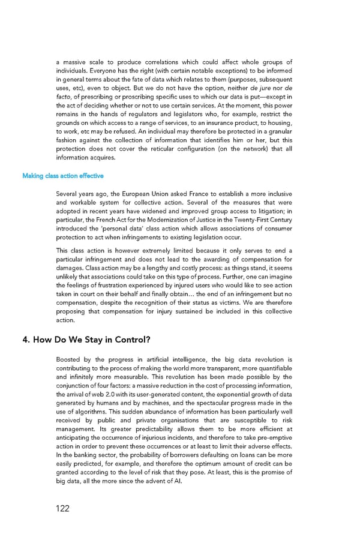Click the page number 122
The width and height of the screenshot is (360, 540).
point(61,508)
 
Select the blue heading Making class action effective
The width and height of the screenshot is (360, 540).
point(63,176)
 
